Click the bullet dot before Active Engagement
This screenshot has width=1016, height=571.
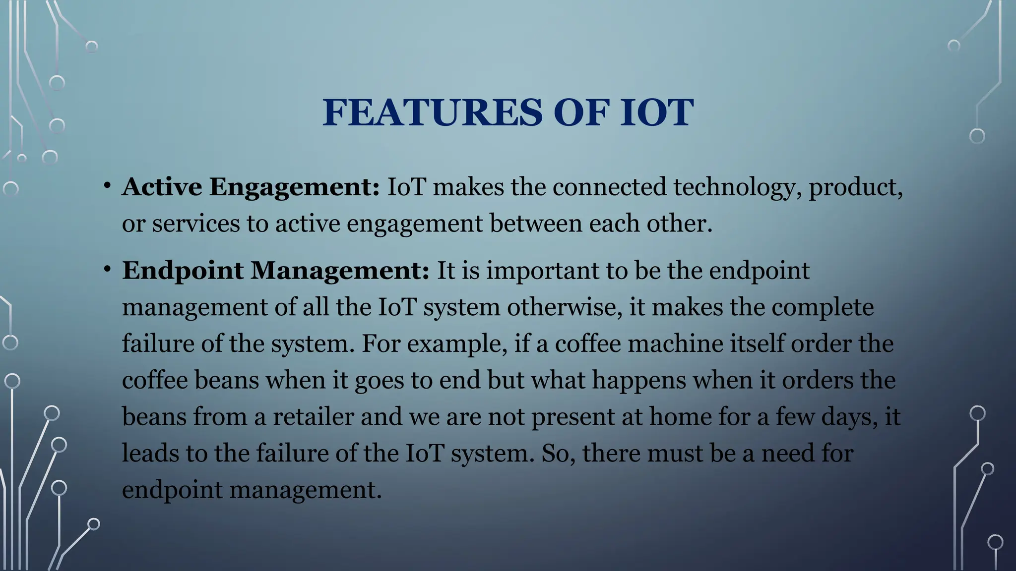click(107, 186)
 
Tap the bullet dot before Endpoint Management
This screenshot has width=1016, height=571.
click(107, 269)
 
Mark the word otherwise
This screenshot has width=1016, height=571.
click(564, 307)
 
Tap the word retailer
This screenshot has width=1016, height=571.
click(313, 416)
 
